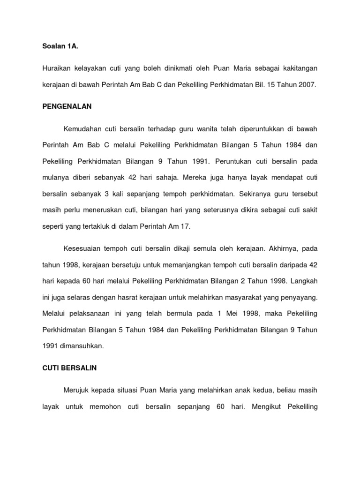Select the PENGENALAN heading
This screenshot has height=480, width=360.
click(67, 106)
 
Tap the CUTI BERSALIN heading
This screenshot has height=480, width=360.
click(69, 368)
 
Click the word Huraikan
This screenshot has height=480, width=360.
click(57, 69)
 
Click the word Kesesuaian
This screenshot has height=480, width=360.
click(81, 248)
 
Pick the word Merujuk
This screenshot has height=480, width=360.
click(76, 390)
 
